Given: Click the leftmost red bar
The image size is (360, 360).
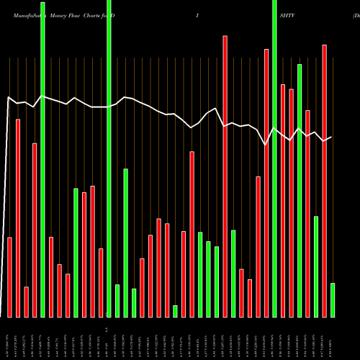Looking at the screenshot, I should pyautogui.click(x=9, y=277).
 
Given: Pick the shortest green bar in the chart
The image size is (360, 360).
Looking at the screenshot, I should pyautogui.click(x=175, y=311).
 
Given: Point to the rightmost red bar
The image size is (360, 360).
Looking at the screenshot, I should pyautogui.click(x=324, y=181).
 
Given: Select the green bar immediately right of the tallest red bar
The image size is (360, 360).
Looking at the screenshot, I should pyautogui.click(x=233, y=274).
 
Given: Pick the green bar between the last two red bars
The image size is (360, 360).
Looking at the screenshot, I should pyautogui.click(x=316, y=266).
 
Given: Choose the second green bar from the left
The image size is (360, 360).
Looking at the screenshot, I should pyautogui.click(x=76, y=253).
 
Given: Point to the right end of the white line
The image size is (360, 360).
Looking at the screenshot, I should pyautogui.click(x=331, y=137).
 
